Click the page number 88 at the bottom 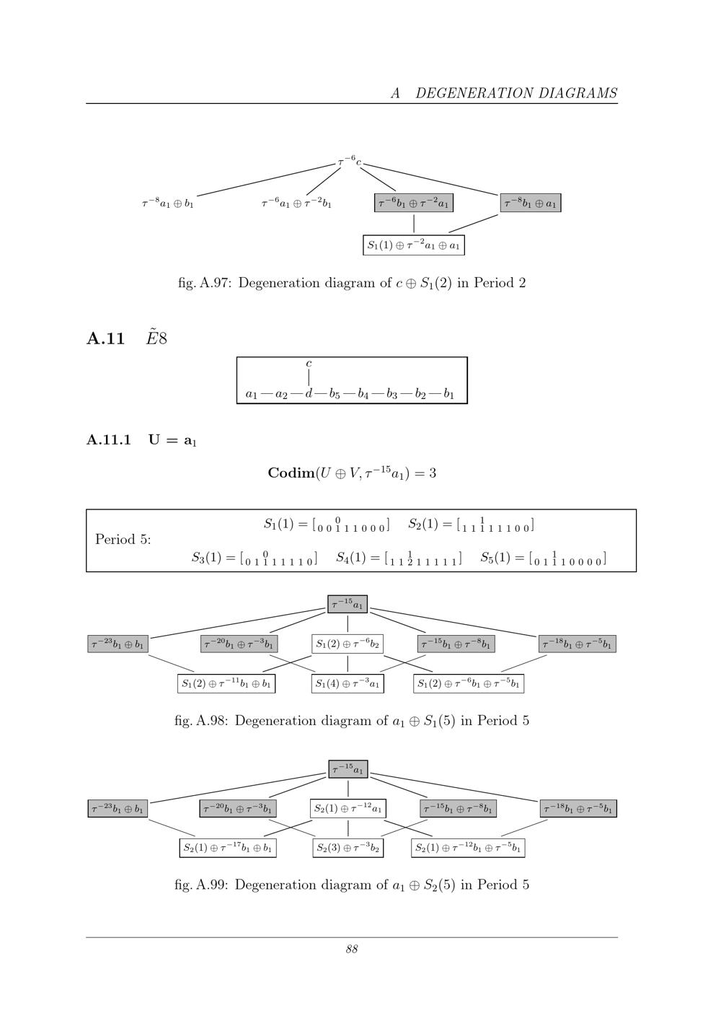click(352, 950)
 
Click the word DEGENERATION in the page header click(474, 93)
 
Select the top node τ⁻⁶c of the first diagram click(350, 161)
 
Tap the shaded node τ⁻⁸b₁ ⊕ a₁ click(531, 203)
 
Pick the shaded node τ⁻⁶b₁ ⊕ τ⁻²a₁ click(414, 203)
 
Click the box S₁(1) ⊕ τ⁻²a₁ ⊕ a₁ click(414, 245)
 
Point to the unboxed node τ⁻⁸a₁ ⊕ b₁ click(167, 203)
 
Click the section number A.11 click(106, 339)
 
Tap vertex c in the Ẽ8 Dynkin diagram click(309, 364)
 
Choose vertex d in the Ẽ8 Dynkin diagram click(309, 393)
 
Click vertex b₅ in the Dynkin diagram click(335, 394)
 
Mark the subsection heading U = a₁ click(172, 440)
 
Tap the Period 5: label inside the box click(123, 540)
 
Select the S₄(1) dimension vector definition click(399, 558)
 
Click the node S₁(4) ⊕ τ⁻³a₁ click(348, 684)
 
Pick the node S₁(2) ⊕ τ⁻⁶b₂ click(348, 644)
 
